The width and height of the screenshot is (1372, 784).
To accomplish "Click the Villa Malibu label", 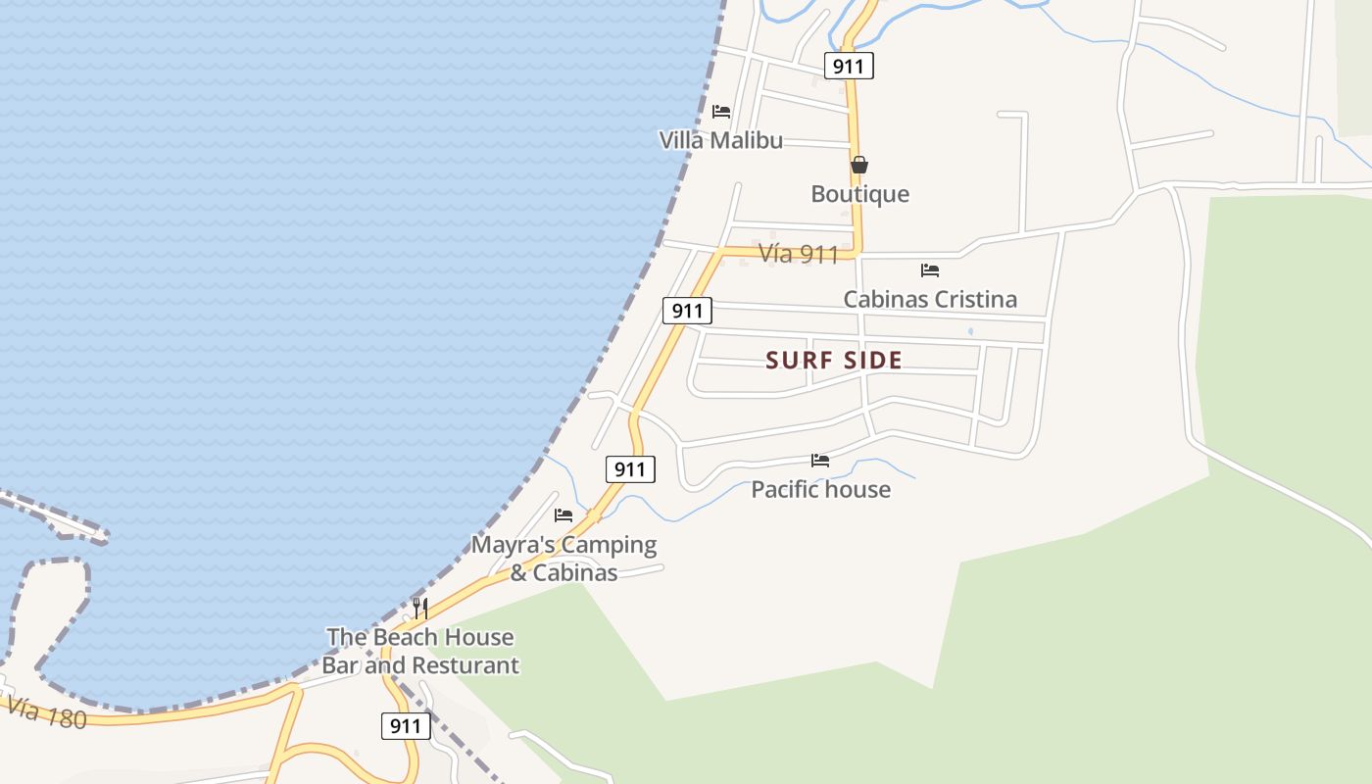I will (x=720, y=140).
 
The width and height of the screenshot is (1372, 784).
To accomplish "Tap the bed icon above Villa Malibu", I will (x=721, y=112).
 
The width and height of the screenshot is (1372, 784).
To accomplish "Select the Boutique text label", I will (x=859, y=194).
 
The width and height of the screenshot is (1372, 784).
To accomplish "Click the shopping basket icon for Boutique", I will (x=859, y=165).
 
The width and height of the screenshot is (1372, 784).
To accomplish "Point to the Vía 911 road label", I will (x=799, y=255).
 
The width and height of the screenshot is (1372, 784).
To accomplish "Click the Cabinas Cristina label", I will (x=930, y=299).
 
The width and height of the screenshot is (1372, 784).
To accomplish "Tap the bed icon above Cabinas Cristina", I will (x=930, y=270).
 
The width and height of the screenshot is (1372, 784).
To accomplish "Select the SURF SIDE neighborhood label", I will (x=834, y=361).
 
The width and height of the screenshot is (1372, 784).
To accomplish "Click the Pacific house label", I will (x=820, y=489).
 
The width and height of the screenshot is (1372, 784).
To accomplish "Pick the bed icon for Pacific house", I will (x=820, y=461).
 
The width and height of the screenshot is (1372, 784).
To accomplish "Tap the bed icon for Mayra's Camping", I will (x=563, y=515).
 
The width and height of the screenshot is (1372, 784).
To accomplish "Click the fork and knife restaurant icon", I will (x=420, y=608).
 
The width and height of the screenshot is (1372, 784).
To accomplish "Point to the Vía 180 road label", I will (x=46, y=712).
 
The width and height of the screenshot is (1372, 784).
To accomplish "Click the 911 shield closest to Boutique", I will (x=848, y=67).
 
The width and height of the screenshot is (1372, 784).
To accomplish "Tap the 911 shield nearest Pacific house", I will (x=630, y=469).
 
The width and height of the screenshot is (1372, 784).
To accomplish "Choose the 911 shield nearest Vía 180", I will (x=405, y=726).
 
